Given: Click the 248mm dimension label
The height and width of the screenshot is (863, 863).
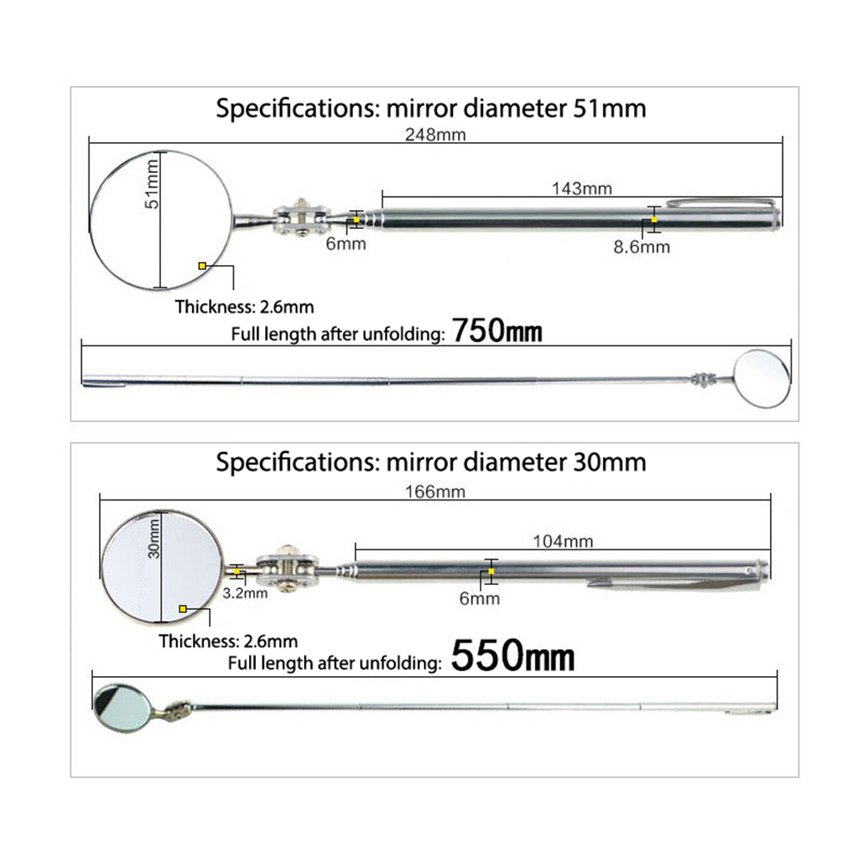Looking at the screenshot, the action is point(435,135).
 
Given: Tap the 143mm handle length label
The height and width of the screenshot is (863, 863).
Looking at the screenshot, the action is point(581,189).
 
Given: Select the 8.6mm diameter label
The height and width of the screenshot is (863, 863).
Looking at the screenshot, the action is point(642,247).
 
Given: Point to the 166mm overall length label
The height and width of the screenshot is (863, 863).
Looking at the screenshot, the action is point(435,492).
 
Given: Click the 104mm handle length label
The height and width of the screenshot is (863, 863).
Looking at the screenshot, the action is point(563,542).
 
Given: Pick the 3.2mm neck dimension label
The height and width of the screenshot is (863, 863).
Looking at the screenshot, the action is point(245,593).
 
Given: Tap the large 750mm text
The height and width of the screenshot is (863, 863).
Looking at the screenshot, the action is point(497,332).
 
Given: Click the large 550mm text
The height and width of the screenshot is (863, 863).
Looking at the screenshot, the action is point(512,656).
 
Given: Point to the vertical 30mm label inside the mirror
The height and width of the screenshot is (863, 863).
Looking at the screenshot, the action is point(153,539).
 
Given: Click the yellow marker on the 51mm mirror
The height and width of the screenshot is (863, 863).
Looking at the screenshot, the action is point(202,266).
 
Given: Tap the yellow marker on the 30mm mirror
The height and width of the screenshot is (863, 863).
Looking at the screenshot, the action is point(183,609).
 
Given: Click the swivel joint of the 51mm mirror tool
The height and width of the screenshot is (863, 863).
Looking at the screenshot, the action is point(301,219).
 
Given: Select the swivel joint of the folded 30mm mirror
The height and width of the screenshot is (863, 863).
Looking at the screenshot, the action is point(286,569).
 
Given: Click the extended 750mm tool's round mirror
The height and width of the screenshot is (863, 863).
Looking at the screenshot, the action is point(763,379).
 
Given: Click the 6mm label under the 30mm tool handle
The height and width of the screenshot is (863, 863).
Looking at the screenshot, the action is point(480,599).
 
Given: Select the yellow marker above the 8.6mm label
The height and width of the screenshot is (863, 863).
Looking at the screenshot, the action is point(654,220).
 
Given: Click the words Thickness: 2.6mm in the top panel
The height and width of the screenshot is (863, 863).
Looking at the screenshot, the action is point(245,307).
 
